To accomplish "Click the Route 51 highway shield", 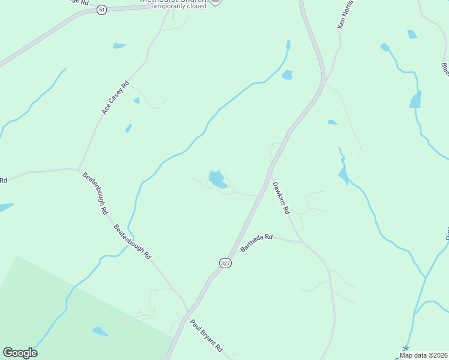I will (101, 10).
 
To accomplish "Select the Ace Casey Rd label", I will (116, 98).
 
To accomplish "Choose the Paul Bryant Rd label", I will (206, 335).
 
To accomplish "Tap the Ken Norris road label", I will (343, 14).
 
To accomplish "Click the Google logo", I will (20, 353).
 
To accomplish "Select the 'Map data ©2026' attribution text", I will (423, 355).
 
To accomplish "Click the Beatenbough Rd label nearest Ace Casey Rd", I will (94, 194).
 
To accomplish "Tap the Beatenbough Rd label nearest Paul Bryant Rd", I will (132, 241).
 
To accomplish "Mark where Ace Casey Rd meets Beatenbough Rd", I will (79, 169).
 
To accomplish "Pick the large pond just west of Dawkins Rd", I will (217, 179).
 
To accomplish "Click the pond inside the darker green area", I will (100, 331).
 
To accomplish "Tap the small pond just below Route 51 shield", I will (119, 45).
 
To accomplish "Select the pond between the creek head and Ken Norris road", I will (287, 75).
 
